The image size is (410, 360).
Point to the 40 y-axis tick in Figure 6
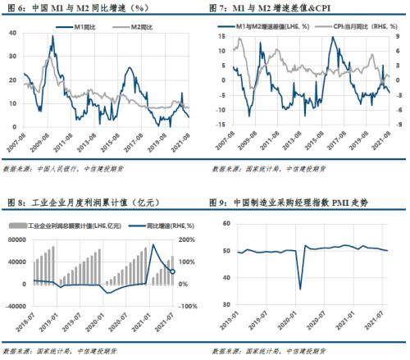click(x=11, y=33)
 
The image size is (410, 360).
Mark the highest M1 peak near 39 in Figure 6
click(x=53, y=36)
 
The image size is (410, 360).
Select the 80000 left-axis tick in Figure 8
click(x=16, y=239)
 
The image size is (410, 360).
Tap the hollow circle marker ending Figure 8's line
click(x=172, y=271)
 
